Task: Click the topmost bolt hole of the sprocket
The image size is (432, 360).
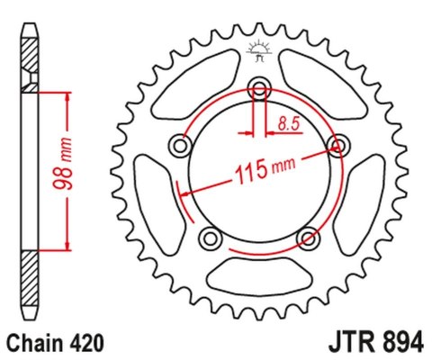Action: click(260, 88)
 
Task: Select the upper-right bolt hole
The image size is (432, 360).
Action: click(339, 145)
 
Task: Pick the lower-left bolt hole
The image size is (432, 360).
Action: click(211, 238)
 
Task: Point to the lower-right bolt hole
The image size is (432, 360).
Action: click(309, 238)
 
